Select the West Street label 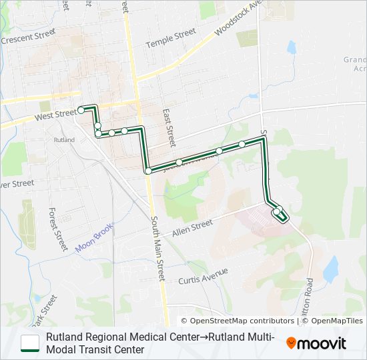tap(56, 114)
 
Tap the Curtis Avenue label tap(203, 275)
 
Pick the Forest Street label tap(58, 229)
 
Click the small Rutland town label tap(64, 140)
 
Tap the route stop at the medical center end tap(276, 212)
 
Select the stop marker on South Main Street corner tap(147, 171)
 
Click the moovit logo tap(316, 343)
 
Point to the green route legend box tap(30, 343)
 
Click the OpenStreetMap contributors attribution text tap(237, 321)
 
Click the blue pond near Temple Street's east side tap(291, 47)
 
